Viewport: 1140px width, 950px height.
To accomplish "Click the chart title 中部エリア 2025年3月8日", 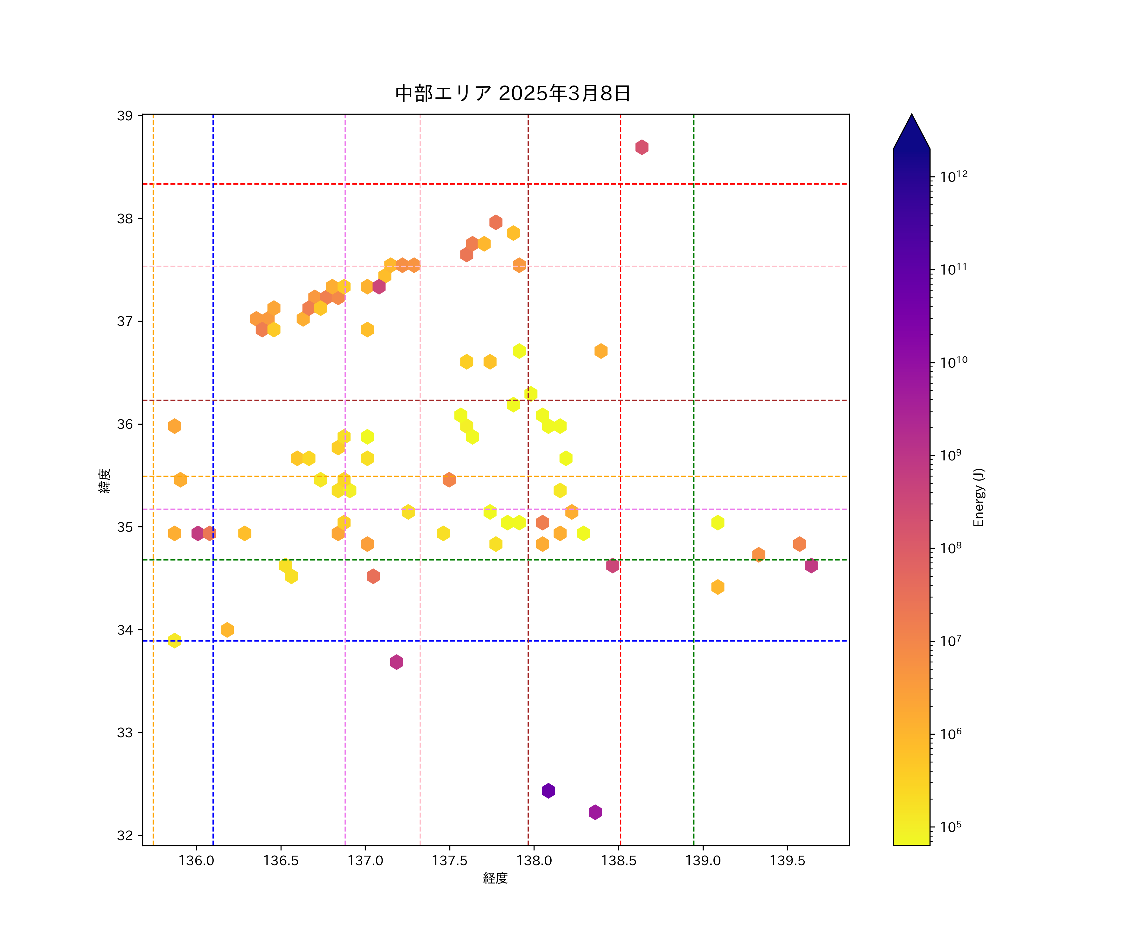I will click(512, 93).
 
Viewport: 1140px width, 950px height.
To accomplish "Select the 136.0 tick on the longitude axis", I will click(196, 860).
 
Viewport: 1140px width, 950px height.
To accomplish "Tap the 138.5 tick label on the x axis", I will click(618, 860).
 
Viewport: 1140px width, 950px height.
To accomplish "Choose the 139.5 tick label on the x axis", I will click(787, 860).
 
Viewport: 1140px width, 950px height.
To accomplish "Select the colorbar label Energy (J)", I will click(978, 497).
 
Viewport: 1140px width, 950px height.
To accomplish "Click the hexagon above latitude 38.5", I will click(642, 147).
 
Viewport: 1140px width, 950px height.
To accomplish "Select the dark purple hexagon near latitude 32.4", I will click(548, 790).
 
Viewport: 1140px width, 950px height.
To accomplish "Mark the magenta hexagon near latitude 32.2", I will click(595, 812).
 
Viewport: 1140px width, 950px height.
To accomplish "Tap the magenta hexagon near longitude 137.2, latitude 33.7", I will click(396, 662).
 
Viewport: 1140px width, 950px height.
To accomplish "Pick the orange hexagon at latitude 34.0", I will click(227, 630).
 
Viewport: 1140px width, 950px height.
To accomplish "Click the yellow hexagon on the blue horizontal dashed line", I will click(174, 641).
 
